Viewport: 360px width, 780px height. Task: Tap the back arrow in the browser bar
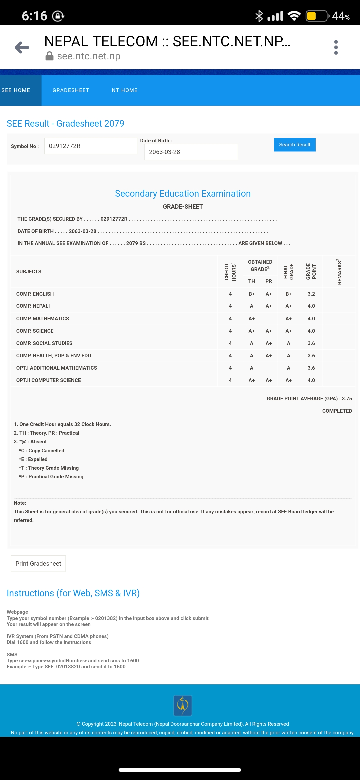pos(22,48)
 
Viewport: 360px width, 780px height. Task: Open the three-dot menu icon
pos(336,48)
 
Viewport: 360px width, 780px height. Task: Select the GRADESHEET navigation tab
pos(71,90)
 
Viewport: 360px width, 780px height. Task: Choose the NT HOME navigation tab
pos(125,90)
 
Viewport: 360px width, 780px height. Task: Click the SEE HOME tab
pos(16,90)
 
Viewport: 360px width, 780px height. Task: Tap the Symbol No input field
pos(91,146)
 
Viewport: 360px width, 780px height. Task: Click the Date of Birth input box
pos(191,152)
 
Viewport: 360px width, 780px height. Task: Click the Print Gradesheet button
pos(38,564)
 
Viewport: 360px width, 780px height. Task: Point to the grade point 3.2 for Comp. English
pos(311,294)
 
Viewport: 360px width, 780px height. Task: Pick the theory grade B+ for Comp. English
pos(252,294)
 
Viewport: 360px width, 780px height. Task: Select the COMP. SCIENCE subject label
pos(35,331)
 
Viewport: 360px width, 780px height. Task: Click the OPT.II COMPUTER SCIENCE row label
pos(49,380)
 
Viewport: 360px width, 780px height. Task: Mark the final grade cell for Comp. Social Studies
pos(288,343)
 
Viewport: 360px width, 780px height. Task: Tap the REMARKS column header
pos(339,272)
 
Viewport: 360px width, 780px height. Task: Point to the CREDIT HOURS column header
pos(230,272)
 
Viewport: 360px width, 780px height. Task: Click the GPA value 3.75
pos(347,399)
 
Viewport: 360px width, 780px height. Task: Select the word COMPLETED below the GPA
pos(337,411)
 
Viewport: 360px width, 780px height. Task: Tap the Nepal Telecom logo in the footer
pos(183,705)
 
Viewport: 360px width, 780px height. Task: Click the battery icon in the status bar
pos(317,16)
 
